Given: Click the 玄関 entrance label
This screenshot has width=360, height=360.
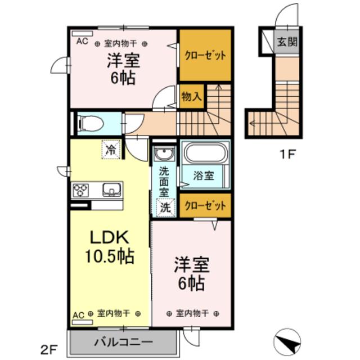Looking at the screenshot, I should pyautogui.click(x=287, y=41).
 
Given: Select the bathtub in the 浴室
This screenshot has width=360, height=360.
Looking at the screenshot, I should pyautogui.click(x=205, y=154).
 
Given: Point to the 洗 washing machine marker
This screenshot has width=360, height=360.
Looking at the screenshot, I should pyautogui.click(x=165, y=207).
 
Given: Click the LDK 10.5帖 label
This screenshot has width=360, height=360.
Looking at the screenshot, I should pyautogui.click(x=110, y=247).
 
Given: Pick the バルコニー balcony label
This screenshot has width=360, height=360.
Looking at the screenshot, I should pyautogui.click(x=123, y=341).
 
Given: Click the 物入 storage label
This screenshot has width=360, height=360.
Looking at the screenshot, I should pyautogui.click(x=191, y=96).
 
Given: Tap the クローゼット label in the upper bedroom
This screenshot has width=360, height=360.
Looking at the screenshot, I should pyautogui.click(x=205, y=55).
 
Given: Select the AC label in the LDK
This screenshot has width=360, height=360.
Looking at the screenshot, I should pyautogui.click(x=79, y=313).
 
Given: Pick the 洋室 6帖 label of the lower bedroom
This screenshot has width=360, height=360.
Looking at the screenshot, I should pyautogui.click(x=192, y=273).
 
